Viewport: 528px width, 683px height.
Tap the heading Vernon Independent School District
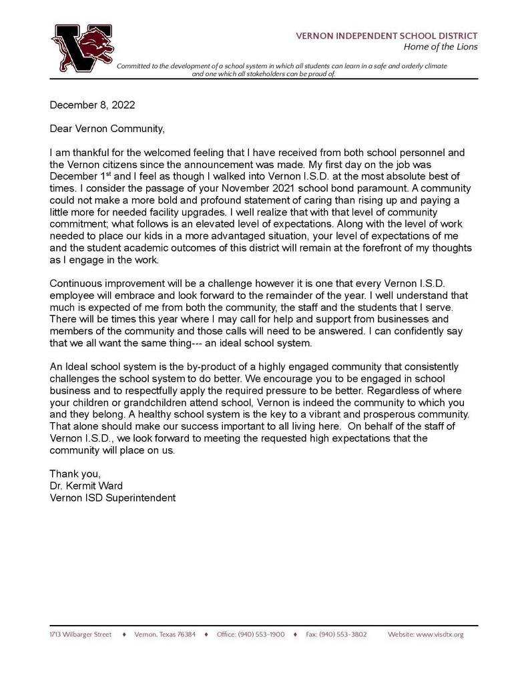(386, 35)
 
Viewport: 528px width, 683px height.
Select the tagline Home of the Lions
(440, 47)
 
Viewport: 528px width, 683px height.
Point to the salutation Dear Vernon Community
(107, 128)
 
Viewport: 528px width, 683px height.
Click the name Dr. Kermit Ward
(86, 486)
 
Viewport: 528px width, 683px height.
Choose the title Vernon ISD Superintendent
(113, 498)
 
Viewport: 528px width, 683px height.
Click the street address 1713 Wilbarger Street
(81, 634)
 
